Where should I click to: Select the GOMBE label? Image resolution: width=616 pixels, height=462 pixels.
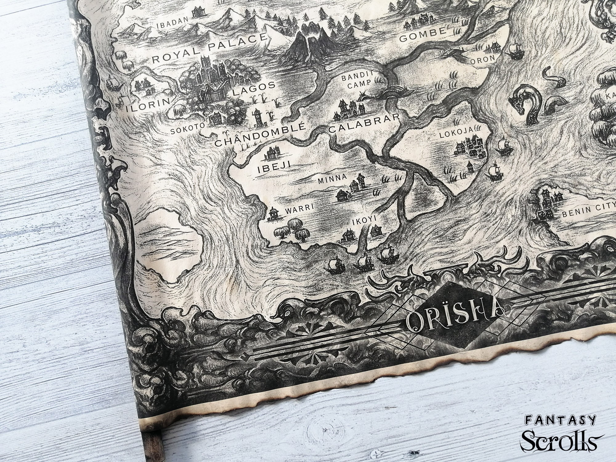(x=422, y=35)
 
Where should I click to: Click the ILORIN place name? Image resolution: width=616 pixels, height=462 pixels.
(x=148, y=105)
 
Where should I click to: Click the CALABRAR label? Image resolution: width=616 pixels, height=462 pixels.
(x=364, y=123)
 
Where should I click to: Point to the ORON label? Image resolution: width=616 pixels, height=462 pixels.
(x=482, y=59)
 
